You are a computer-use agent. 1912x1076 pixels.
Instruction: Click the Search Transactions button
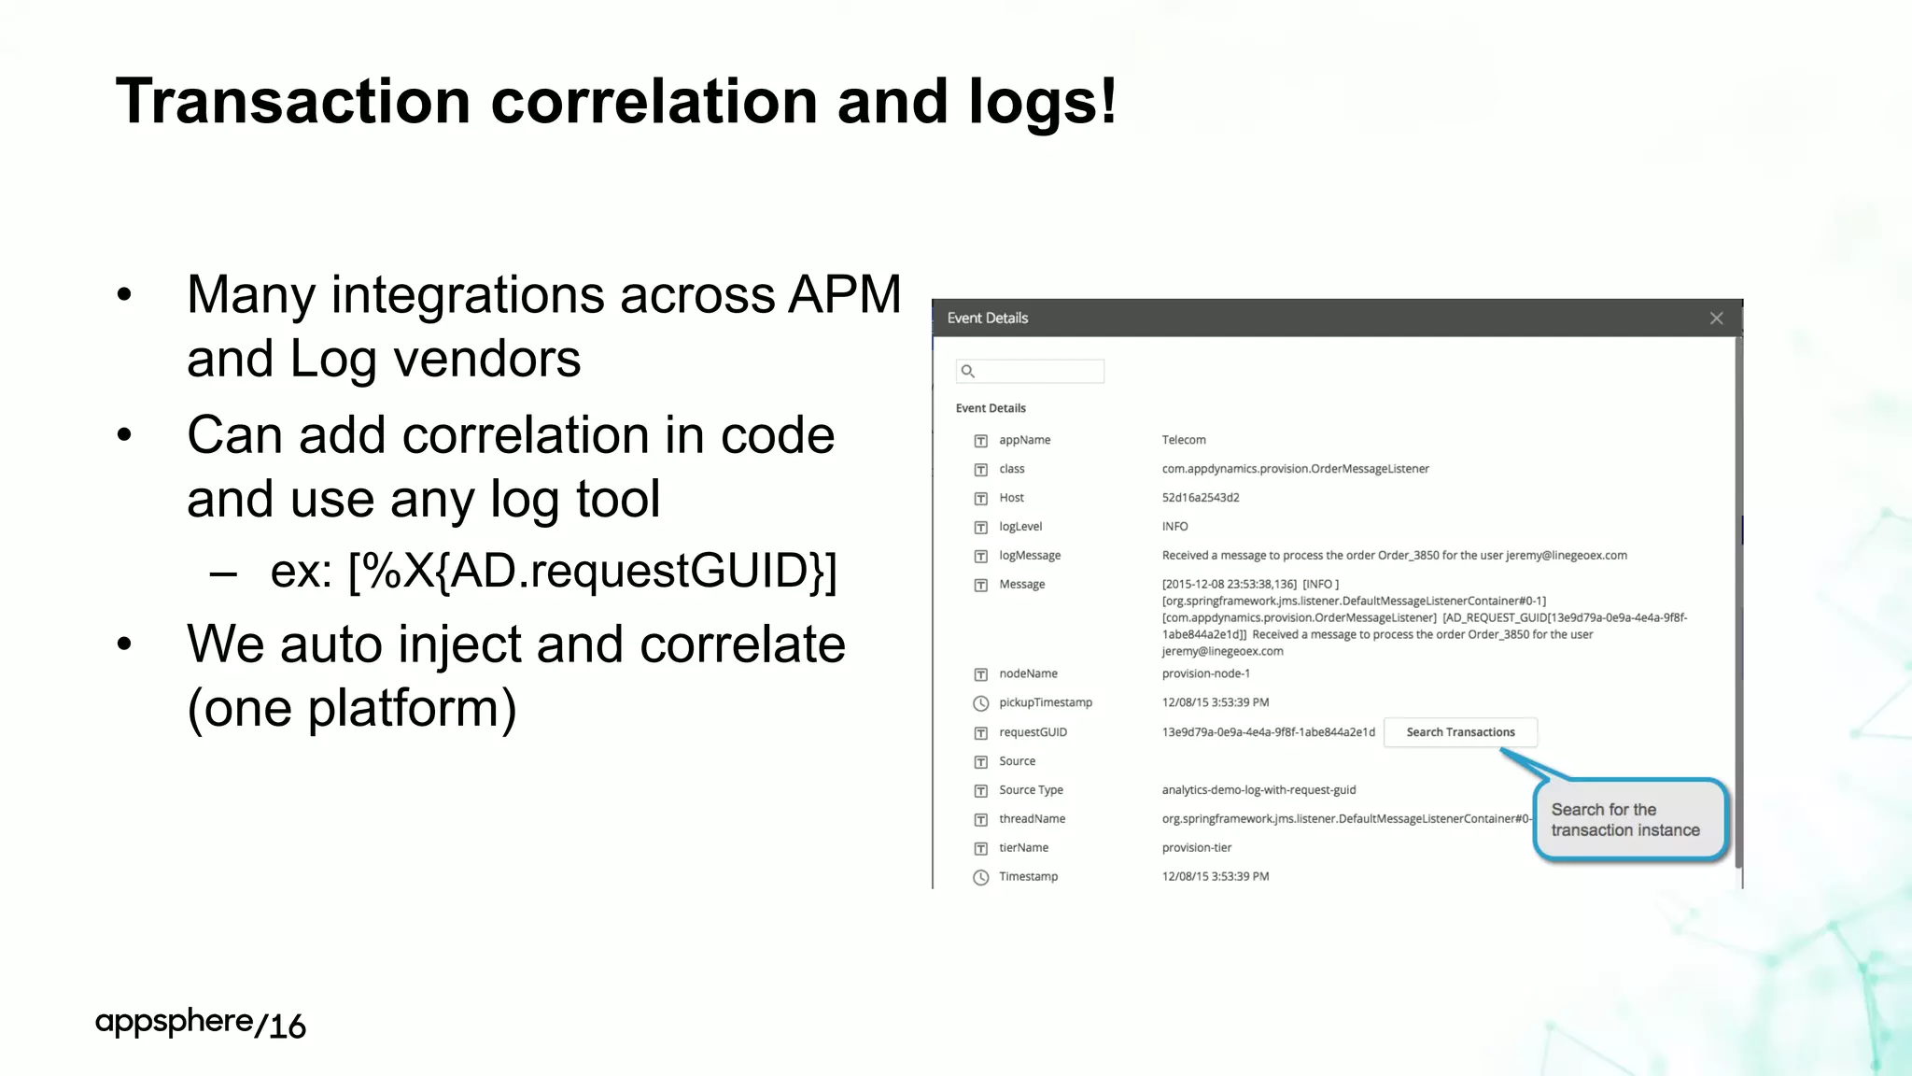pos(1460,732)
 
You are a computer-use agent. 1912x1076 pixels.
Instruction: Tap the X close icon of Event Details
pos(1716,319)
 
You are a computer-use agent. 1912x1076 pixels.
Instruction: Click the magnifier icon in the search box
pos(968,372)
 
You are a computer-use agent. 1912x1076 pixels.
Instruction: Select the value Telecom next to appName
pos(1183,440)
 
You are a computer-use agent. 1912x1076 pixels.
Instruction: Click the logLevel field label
pos(1019,527)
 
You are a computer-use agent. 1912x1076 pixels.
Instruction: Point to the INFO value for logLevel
pos(1174,527)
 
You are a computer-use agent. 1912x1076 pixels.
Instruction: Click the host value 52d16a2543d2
pos(1200,498)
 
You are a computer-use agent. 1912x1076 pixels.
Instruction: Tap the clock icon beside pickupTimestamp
pos(980,703)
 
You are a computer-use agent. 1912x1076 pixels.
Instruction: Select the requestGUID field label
pos(1033,732)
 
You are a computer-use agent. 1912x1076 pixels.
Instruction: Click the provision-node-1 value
pos(1205,673)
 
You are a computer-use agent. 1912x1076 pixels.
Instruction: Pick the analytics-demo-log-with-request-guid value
pos(1258,790)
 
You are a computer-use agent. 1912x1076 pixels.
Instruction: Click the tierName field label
pos(1023,848)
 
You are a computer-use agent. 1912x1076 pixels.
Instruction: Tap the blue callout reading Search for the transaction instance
pos(1629,820)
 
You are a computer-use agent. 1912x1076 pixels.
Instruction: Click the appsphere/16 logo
pos(200,1024)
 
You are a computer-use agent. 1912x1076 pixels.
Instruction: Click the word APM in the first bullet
pos(844,295)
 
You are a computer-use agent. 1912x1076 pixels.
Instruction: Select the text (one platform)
pos(352,708)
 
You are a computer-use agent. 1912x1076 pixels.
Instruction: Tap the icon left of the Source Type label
pos(980,791)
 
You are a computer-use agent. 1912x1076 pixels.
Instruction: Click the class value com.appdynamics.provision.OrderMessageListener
pos(1295,469)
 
